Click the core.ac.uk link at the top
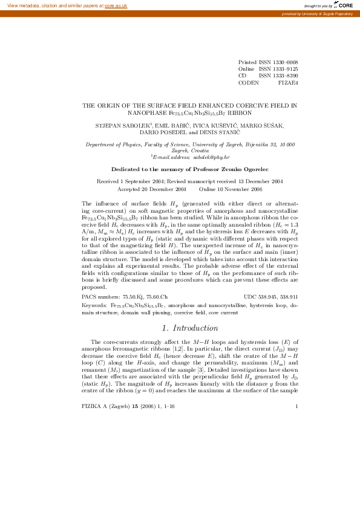[x=116, y=5]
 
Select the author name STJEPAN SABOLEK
[x=119, y=125]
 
